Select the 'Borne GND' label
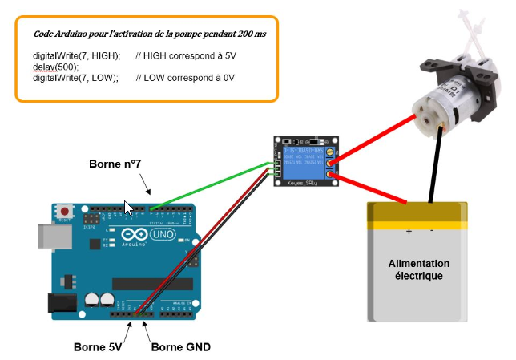[180, 348]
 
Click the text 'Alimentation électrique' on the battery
[418, 269]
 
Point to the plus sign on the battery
[409, 232]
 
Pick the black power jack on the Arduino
[60, 302]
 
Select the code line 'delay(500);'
[50, 67]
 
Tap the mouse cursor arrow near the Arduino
[129, 208]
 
